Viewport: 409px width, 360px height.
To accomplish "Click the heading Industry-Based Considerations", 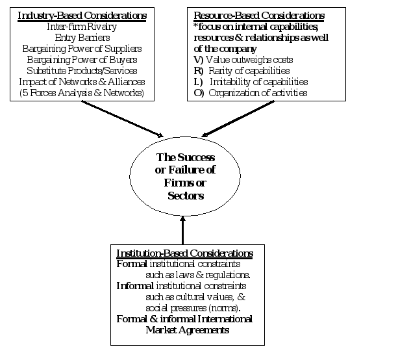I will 82,14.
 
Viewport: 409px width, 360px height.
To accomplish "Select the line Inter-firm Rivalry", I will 82,27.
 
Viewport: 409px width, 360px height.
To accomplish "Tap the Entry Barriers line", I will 82,38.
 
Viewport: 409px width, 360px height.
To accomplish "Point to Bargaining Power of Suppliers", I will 82,49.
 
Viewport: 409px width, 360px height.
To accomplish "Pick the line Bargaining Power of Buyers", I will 82,60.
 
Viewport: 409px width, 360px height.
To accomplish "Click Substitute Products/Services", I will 82,71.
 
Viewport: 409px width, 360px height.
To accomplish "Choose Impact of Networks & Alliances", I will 82,82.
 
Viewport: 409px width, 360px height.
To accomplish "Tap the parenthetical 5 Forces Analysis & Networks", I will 82,93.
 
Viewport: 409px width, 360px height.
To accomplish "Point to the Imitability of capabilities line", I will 253,82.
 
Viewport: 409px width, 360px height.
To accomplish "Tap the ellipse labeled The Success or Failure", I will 182,176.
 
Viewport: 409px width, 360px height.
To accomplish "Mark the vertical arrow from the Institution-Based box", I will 183,229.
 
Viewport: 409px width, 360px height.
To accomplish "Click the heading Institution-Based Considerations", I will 184,253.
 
